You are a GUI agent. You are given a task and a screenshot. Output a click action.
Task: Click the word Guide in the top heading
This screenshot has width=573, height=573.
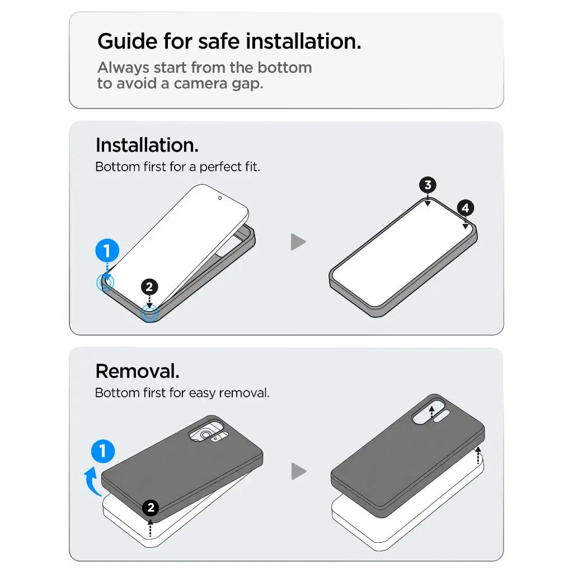127,41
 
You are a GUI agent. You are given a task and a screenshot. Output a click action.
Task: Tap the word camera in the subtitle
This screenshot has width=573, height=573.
200,84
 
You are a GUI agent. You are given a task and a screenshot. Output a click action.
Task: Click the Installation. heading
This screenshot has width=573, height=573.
147,145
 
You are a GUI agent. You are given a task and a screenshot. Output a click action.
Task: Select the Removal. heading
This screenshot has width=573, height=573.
138,372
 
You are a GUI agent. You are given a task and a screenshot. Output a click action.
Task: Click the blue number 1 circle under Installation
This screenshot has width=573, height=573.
107,251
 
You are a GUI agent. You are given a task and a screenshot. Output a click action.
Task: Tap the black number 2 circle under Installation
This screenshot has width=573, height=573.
149,287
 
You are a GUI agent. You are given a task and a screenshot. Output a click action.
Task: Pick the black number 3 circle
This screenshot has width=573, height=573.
428,185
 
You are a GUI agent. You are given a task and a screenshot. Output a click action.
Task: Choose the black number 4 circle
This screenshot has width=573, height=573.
465,208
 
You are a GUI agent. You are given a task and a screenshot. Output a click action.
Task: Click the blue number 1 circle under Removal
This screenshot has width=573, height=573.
103,451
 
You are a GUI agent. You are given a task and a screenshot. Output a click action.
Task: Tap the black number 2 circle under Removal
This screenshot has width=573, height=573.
151,508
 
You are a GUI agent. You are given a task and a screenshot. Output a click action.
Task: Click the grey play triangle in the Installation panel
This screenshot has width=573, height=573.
298,242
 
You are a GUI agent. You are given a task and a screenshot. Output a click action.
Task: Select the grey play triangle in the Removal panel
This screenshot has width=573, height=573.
298,471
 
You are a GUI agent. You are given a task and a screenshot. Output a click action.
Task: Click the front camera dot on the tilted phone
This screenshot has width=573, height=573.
219,198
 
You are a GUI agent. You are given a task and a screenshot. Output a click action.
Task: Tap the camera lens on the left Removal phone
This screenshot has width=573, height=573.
206,435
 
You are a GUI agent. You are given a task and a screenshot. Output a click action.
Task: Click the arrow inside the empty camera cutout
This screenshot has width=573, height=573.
431,411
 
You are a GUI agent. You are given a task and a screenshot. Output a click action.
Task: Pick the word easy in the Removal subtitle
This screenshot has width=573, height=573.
202,393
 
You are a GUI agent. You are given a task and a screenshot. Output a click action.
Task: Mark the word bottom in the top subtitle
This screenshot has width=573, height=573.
285,68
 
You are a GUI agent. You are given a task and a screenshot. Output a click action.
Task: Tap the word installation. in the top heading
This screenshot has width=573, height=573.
303,41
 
